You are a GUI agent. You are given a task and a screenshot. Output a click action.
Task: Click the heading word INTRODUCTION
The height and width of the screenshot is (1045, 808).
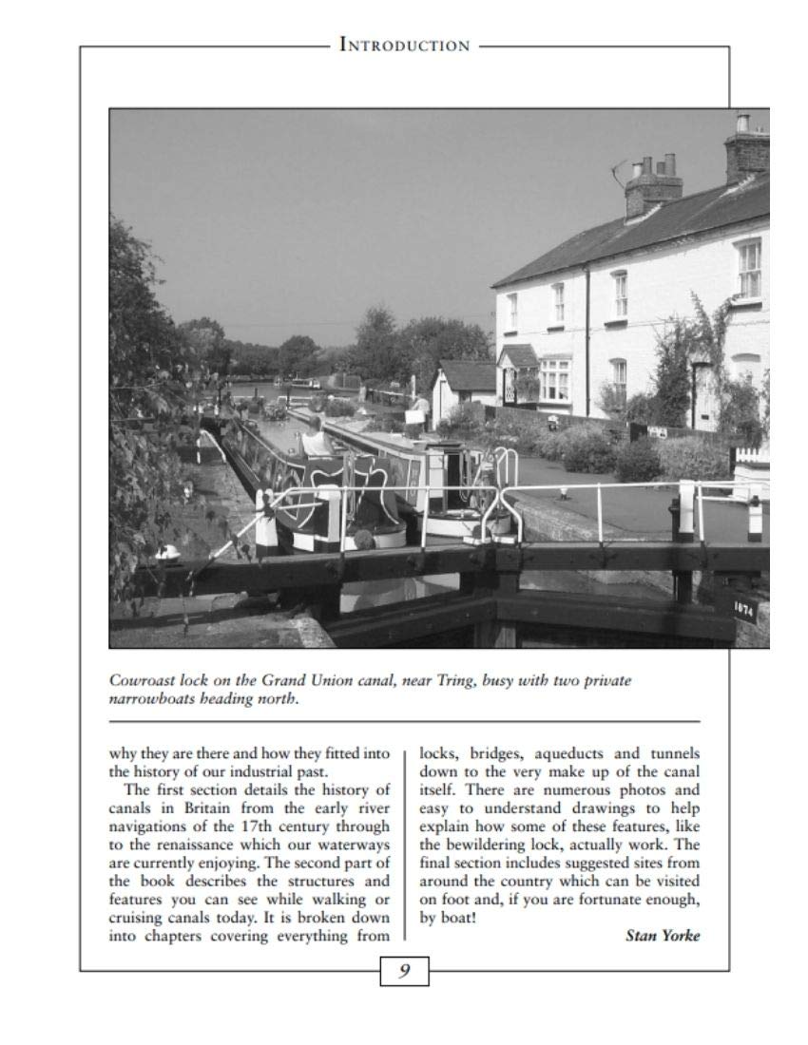pyautogui.click(x=404, y=45)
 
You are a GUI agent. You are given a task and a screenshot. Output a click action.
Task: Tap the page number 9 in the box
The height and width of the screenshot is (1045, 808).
pyautogui.click(x=404, y=970)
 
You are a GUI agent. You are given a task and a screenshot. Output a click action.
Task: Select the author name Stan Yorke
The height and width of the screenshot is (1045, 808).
pyautogui.click(x=662, y=935)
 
